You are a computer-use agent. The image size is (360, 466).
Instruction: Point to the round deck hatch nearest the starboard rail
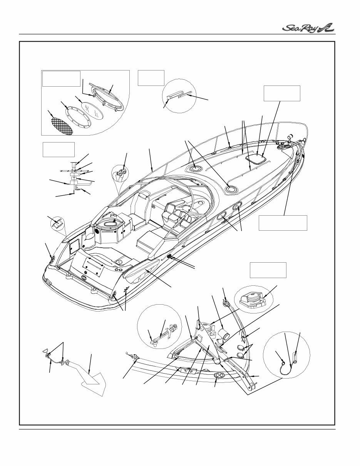[x=231, y=188]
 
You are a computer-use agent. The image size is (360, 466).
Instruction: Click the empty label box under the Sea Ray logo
[x=282, y=93]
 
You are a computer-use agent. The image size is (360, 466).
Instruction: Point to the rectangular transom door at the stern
[x=92, y=267]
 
